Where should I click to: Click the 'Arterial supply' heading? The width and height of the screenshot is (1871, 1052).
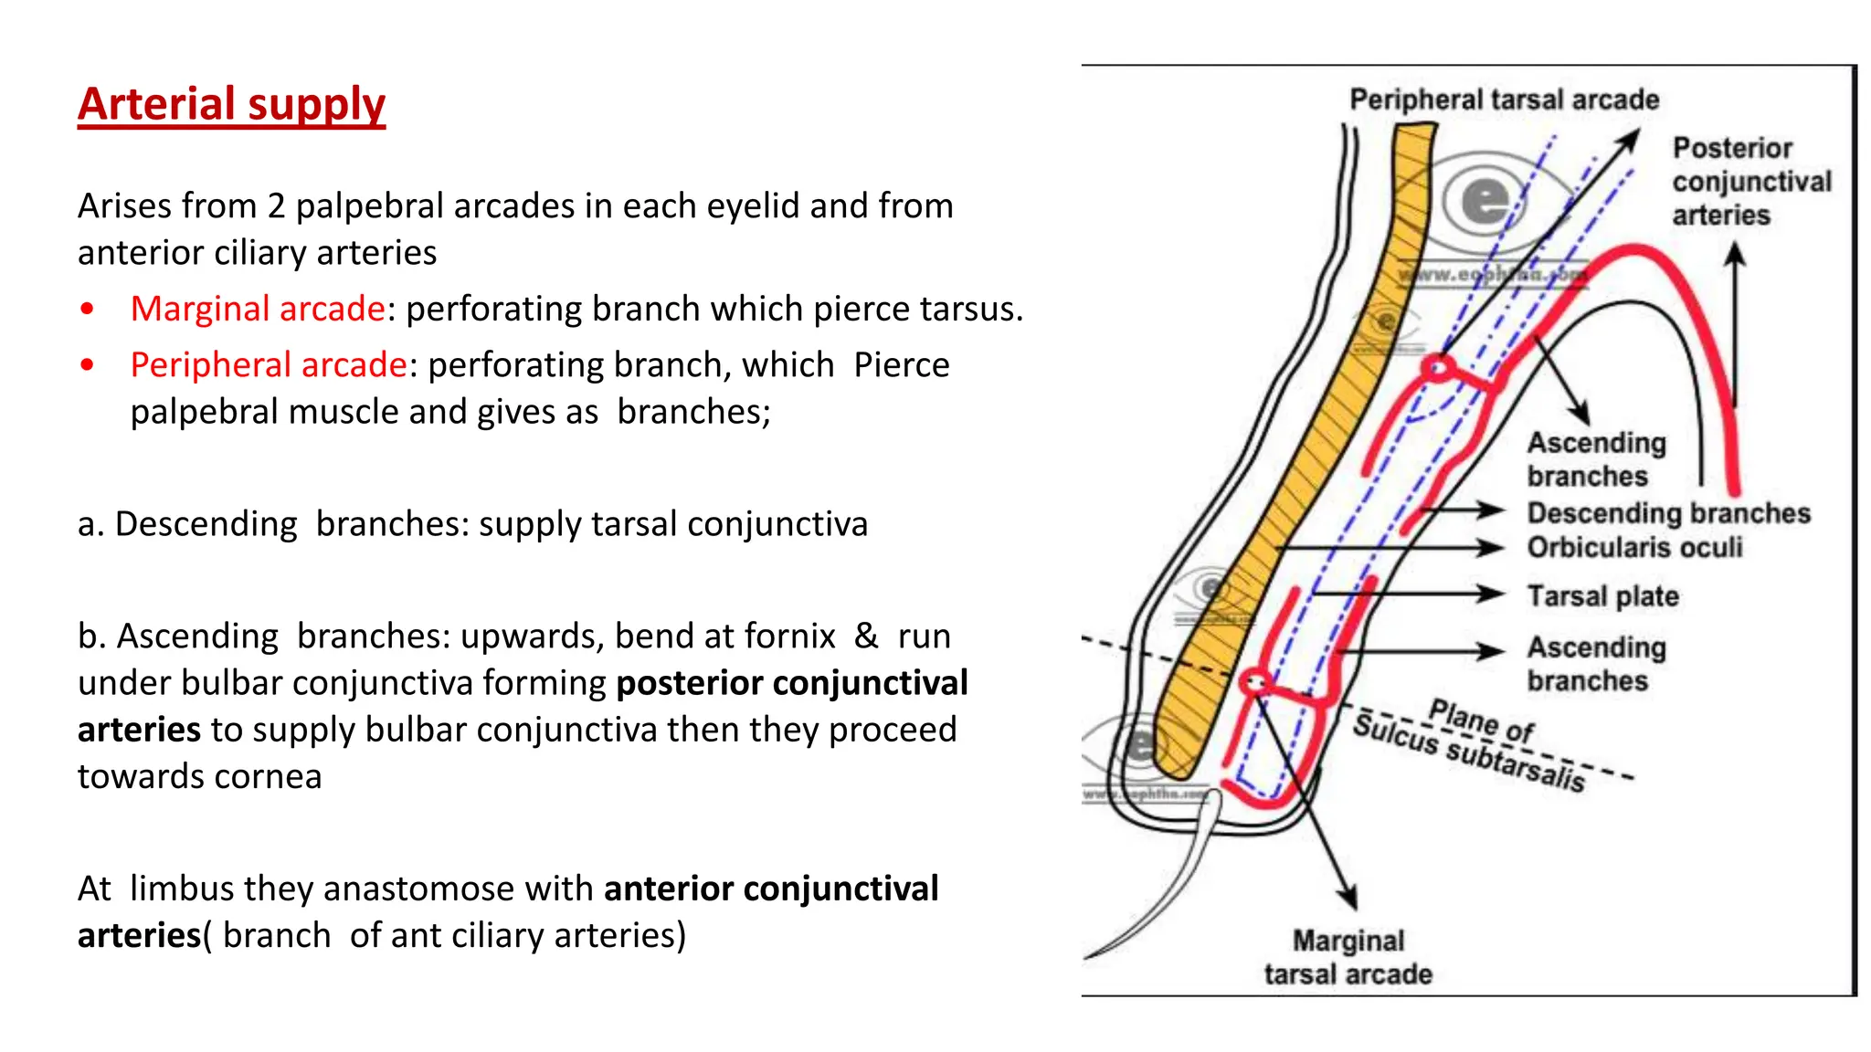pos(231,104)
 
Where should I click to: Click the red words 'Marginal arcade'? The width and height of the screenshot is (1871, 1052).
pos(257,309)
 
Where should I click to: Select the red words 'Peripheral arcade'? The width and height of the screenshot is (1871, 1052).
pos(268,364)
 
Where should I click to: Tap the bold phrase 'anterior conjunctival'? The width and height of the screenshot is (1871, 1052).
pos(771,889)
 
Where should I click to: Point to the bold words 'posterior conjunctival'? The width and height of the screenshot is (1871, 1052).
pos(792,683)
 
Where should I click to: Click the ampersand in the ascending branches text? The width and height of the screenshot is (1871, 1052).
pos(865,636)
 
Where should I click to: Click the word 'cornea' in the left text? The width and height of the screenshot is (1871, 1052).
pos(277,776)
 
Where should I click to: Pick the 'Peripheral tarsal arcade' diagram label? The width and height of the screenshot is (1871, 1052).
pos(1504,100)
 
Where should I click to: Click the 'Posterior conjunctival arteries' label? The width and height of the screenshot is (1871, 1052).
pos(1749,182)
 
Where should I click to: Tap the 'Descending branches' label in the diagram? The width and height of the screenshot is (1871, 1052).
pos(1668,513)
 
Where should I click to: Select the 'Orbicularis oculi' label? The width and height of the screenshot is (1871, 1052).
pos(1634,547)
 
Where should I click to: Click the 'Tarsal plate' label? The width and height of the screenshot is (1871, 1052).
pos(1603,596)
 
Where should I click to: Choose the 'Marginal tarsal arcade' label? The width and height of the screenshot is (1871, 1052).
pos(1348,957)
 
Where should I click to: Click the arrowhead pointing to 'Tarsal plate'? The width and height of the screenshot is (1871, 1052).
pos(1493,594)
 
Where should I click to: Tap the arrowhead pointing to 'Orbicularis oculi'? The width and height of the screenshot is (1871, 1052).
pos(1493,547)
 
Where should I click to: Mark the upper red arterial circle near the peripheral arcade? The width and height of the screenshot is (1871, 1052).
pos(1438,368)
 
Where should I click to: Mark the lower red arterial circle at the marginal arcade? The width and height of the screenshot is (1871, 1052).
pos(1254,682)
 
